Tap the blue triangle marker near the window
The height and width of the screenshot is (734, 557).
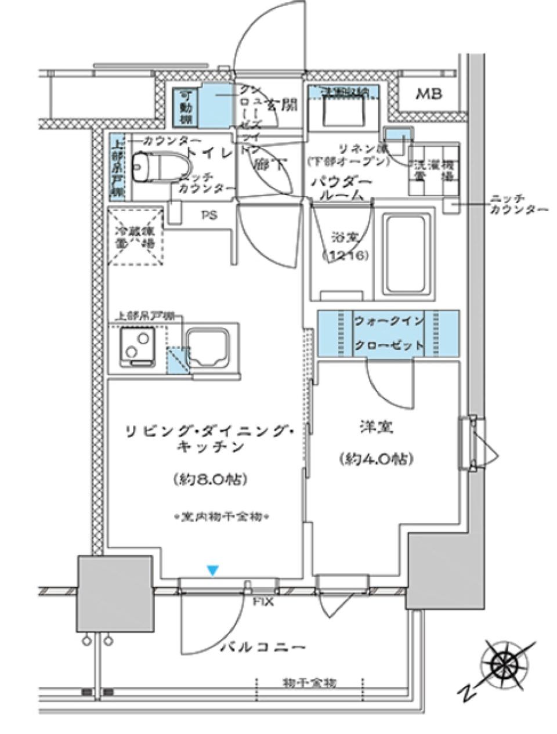click(214, 571)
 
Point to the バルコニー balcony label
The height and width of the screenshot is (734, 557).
click(262, 647)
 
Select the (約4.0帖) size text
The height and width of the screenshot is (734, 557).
click(376, 459)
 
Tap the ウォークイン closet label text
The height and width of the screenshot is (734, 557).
click(389, 321)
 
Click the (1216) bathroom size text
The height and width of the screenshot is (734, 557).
click(346, 255)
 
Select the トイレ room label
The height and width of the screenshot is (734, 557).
click(209, 153)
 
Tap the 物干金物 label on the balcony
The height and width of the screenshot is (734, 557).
click(310, 683)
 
